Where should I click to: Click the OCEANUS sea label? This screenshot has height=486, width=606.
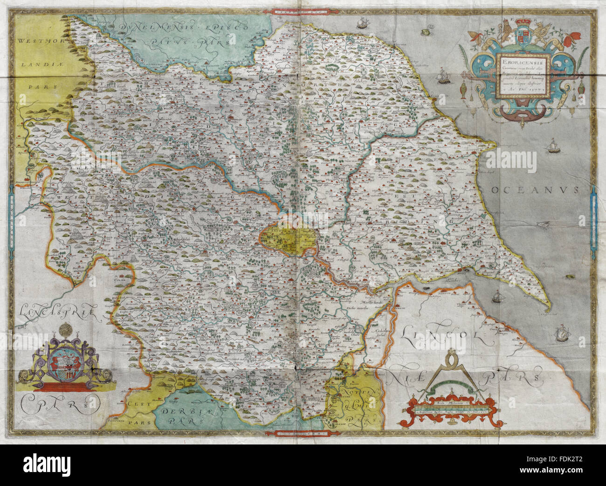534,190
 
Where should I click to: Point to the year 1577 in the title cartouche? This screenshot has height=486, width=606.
538,91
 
